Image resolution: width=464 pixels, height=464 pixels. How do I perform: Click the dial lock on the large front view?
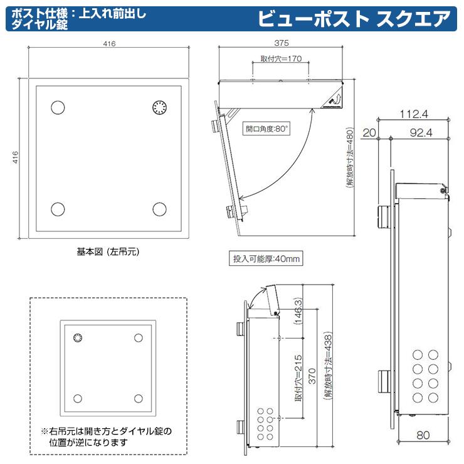(160, 108)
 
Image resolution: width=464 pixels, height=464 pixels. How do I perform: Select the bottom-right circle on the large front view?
(160, 209)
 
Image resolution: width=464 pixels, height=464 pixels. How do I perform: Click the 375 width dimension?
(281, 44)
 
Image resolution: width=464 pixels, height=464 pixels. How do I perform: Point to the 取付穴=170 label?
(281, 59)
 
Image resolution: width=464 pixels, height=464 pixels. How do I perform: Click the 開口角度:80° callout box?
(267, 129)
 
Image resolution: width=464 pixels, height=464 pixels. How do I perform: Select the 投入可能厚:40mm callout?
(266, 258)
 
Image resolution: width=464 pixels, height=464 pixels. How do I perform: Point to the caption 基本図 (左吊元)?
(107, 252)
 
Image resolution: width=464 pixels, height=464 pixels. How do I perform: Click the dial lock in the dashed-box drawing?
(78, 339)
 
